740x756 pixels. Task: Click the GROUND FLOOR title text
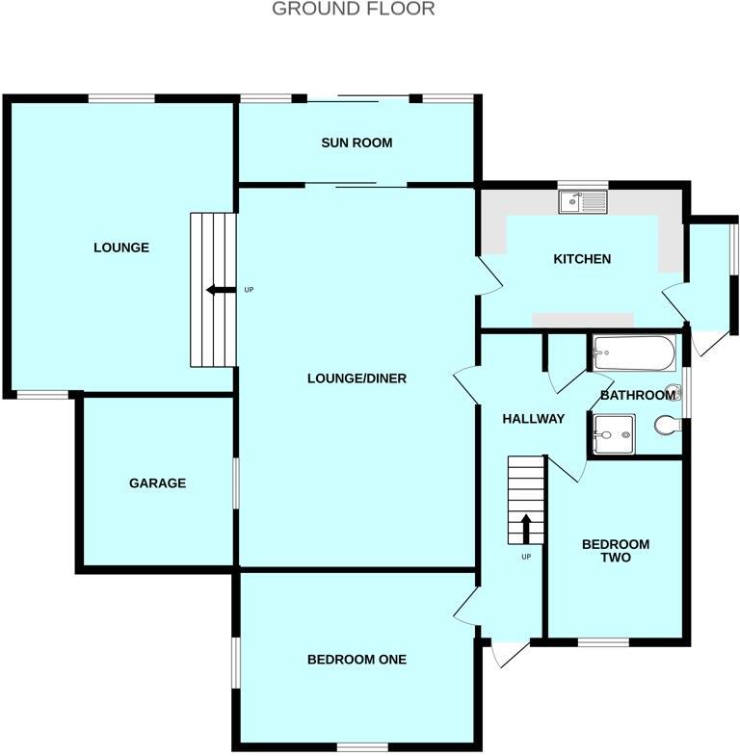[x=353, y=10]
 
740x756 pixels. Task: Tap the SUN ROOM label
[x=357, y=143]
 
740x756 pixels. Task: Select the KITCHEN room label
[x=581, y=259]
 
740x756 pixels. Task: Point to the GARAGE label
[x=157, y=483]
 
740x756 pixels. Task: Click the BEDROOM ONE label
[x=357, y=660]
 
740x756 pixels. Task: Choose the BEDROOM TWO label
[x=615, y=550]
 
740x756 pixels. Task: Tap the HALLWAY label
[x=533, y=418]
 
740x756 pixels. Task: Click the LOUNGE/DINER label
[x=357, y=378]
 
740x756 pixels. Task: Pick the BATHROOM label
[x=637, y=395]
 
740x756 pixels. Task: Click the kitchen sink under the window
[x=583, y=201]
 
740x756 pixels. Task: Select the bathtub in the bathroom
[x=634, y=353]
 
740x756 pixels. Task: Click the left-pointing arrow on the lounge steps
[x=220, y=290]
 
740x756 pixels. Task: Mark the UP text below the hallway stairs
[x=526, y=557]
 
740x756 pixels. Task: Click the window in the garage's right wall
[x=235, y=482]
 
